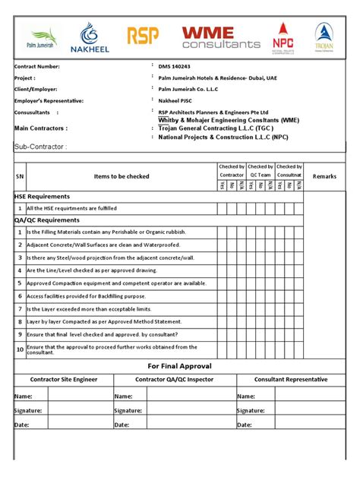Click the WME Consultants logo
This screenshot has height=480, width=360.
pos(219,37)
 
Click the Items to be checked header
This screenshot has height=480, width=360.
pos(122,176)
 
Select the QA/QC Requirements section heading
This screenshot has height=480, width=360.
pos(47,219)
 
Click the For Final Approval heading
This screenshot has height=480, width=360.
pos(179,365)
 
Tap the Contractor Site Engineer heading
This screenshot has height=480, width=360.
pos(64,379)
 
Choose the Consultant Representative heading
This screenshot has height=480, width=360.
pos(291,379)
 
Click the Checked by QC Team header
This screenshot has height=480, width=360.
pos(261,170)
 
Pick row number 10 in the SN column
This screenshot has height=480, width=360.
pos(20,349)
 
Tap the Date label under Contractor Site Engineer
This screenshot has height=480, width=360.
pos(23,425)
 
